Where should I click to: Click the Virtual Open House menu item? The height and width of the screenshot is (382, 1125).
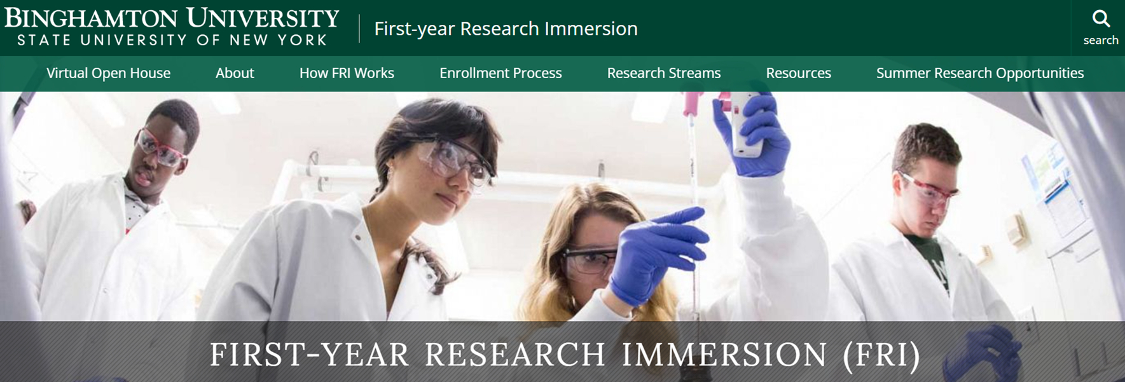(x=108, y=73)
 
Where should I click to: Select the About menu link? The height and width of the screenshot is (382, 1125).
(x=235, y=73)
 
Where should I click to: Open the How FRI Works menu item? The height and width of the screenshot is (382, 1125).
(x=347, y=73)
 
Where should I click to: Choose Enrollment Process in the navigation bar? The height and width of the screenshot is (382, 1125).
(x=500, y=73)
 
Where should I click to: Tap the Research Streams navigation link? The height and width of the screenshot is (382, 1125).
(x=664, y=73)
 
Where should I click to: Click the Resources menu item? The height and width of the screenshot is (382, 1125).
(x=798, y=73)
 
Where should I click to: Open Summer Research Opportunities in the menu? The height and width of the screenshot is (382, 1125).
(x=980, y=73)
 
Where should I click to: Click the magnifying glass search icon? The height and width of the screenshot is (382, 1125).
(x=1101, y=19)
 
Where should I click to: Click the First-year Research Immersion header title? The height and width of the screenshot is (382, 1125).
(x=506, y=29)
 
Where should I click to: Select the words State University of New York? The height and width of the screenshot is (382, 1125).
(x=172, y=40)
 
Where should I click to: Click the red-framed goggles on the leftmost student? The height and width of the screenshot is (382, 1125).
(x=159, y=147)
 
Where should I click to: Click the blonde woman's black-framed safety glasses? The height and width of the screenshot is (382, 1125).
(x=588, y=261)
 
